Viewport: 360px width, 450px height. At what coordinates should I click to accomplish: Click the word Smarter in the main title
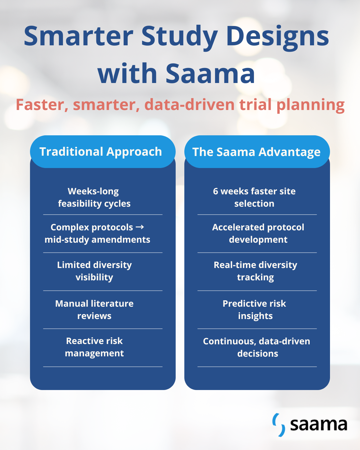click(78, 36)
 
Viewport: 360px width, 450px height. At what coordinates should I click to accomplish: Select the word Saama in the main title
click(210, 73)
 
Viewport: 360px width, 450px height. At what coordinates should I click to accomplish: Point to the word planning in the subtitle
click(310, 105)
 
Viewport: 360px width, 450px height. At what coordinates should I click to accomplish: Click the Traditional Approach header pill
click(103, 152)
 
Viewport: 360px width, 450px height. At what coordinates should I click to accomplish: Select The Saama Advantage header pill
click(257, 152)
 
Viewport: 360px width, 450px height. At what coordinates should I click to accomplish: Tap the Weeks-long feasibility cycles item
click(94, 197)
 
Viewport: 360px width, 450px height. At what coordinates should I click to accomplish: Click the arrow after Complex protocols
click(140, 227)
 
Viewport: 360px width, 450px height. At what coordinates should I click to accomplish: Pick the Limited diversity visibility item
click(94, 271)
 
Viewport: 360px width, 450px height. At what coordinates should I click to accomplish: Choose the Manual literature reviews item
click(94, 310)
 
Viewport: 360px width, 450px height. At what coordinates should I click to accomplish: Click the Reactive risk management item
click(94, 347)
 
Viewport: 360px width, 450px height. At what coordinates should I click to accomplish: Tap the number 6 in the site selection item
click(215, 191)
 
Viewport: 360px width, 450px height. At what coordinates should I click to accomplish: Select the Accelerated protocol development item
click(258, 233)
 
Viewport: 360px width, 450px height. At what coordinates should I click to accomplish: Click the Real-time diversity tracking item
click(255, 271)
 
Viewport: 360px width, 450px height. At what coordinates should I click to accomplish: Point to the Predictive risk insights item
click(254, 310)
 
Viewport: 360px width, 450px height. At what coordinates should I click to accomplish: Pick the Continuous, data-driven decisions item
click(257, 347)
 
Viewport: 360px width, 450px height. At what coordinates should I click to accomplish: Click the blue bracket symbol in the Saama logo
click(279, 425)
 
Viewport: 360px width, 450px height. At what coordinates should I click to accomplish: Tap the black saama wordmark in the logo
click(319, 425)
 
